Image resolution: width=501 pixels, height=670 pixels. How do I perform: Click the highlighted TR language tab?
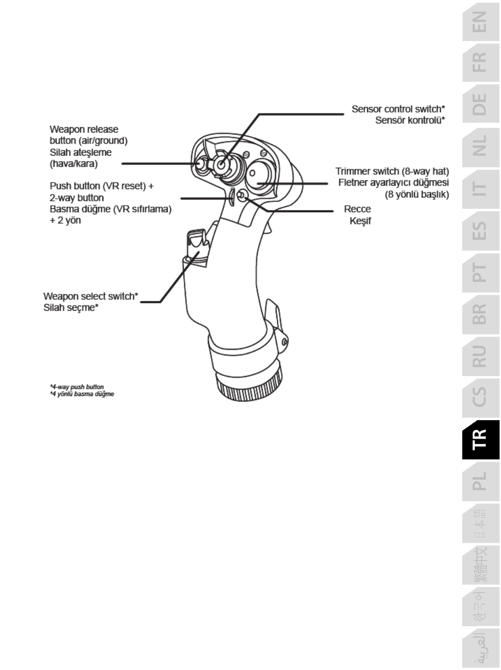point(480,440)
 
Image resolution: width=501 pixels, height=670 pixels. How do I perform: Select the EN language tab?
point(480,22)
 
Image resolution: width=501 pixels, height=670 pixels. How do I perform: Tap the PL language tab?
point(480,481)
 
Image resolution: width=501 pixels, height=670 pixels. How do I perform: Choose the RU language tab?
point(480,356)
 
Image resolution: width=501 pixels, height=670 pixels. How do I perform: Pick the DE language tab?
point(480,104)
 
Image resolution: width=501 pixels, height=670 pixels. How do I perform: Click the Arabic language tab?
point(480,648)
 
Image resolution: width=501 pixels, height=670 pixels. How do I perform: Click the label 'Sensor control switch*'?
point(398,109)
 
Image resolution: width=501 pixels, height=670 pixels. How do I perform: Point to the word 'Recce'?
point(357,209)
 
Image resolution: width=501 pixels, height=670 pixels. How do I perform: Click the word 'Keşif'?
point(360,221)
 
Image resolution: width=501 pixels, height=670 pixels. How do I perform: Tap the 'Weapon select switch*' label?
point(90,297)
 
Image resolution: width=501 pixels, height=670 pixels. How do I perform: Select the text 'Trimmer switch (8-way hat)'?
point(392,171)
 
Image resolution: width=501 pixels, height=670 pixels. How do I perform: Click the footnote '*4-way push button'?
point(77,387)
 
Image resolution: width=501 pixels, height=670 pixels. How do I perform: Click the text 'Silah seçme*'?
point(71,308)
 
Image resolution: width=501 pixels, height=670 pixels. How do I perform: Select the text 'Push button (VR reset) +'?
point(101,186)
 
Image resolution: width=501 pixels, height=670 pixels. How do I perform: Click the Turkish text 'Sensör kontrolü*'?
point(410,120)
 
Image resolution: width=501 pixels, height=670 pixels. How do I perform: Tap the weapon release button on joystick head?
point(201,164)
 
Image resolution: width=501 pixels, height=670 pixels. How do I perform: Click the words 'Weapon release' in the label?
point(84,129)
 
